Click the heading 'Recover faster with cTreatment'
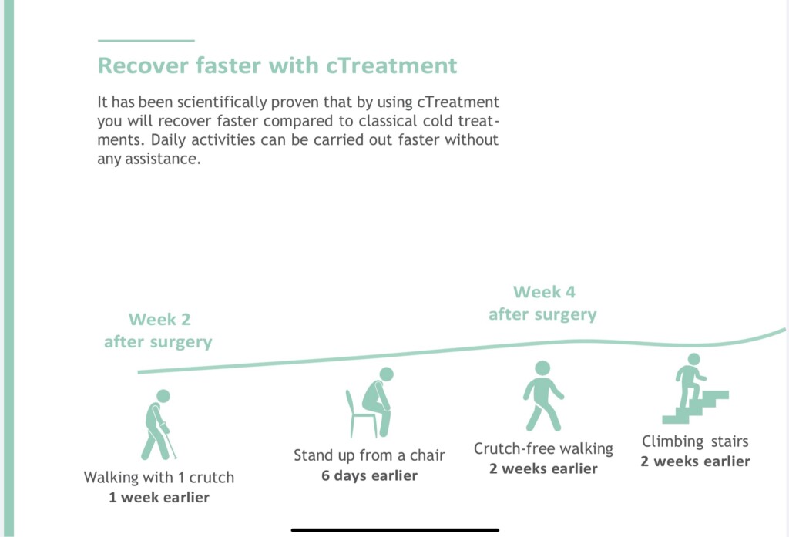tap(277, 65)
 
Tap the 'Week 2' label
tap(159, 319)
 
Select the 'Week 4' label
tap(544, 292)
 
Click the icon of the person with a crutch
tap(159, 425)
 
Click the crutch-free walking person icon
tap(543, 395)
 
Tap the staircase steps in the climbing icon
tap(696, 407)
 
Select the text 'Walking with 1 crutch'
tap(159, 477)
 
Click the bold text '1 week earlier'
tap(159, 497)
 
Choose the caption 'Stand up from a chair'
tap(369, 455)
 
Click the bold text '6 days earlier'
tap(369, 475)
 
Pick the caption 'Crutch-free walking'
tap(543, 448)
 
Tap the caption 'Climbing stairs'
tap(695, 441)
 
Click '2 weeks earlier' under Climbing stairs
tap(695, 461)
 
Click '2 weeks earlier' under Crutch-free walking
tap(543, 468)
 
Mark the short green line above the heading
tap(146, 40)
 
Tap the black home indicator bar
tap(395, 530)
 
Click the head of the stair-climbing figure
tap(694, 359)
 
